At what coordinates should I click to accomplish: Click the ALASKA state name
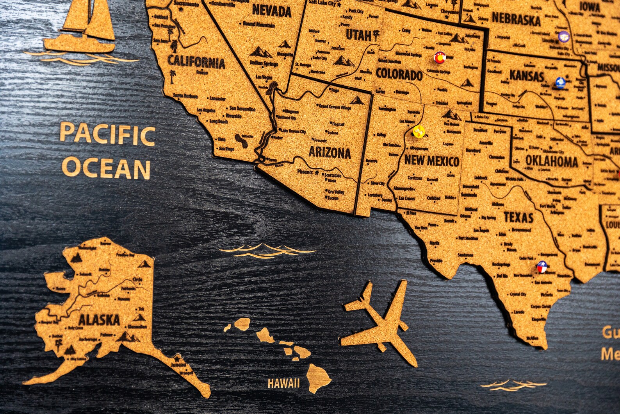99,320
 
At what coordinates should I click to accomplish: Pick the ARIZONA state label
330,152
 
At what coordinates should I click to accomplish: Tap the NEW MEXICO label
431,161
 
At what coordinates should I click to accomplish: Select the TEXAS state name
518,217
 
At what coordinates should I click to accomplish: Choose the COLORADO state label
399,74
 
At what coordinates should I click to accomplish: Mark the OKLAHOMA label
551,161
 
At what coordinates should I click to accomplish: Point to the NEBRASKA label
516,19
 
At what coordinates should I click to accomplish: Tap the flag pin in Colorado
440,58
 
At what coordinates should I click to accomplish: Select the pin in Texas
542,267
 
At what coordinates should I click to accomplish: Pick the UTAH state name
358,36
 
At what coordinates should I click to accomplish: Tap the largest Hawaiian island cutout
318,377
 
